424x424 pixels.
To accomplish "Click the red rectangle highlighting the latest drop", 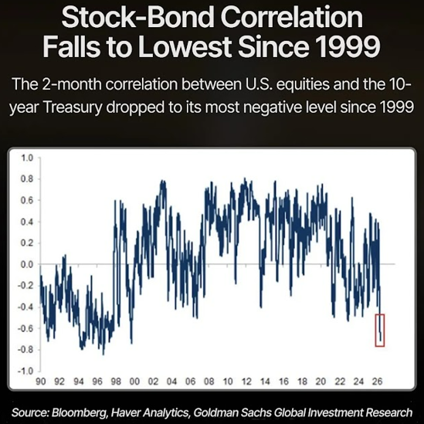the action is point(375,330).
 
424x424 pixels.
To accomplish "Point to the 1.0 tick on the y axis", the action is point(27,158).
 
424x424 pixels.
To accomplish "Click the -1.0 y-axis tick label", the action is point(25,371).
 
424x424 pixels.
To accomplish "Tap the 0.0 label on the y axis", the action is point(27,264).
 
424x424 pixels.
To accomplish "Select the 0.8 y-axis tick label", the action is point(27,179).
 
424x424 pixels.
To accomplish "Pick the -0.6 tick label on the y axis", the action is point(25,328).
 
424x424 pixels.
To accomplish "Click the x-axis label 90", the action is point(41,382).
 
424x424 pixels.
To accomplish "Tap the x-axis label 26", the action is point(377,382).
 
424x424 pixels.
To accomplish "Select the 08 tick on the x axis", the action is point(209,382).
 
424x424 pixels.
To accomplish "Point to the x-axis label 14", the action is point(265,382).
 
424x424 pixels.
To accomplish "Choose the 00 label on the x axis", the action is point(134,382).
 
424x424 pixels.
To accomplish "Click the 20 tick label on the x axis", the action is point(321,382).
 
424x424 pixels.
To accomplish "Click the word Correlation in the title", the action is point(292,18).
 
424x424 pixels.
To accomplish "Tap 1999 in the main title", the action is point(352,46).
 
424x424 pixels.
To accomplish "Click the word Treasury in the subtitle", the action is point(73,107).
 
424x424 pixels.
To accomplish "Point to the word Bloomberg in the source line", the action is point(80,412).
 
